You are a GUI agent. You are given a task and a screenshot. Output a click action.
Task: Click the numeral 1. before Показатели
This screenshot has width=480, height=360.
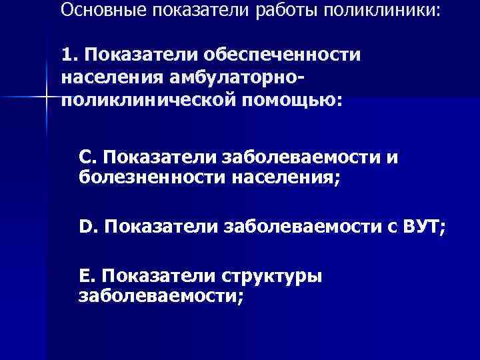click(x=69, y=53)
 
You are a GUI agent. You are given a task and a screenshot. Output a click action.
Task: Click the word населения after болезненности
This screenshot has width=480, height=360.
click(x=287, y=177)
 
